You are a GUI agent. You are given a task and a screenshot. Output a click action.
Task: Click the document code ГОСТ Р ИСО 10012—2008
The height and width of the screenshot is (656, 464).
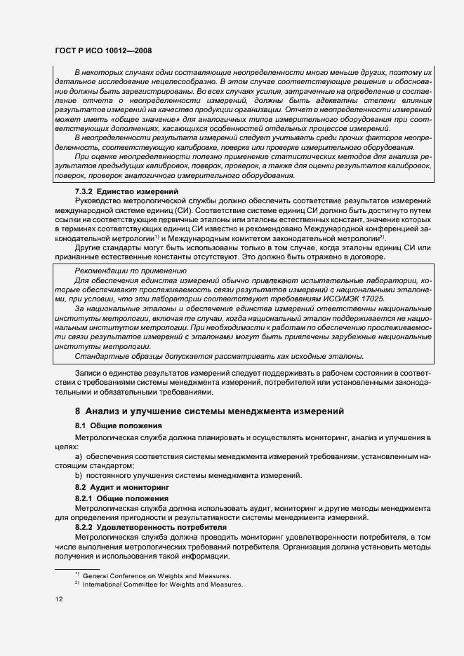102,51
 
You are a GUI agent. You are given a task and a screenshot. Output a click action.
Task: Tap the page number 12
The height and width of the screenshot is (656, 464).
59,599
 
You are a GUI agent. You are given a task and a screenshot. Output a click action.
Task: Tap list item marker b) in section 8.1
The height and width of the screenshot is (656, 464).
79,476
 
